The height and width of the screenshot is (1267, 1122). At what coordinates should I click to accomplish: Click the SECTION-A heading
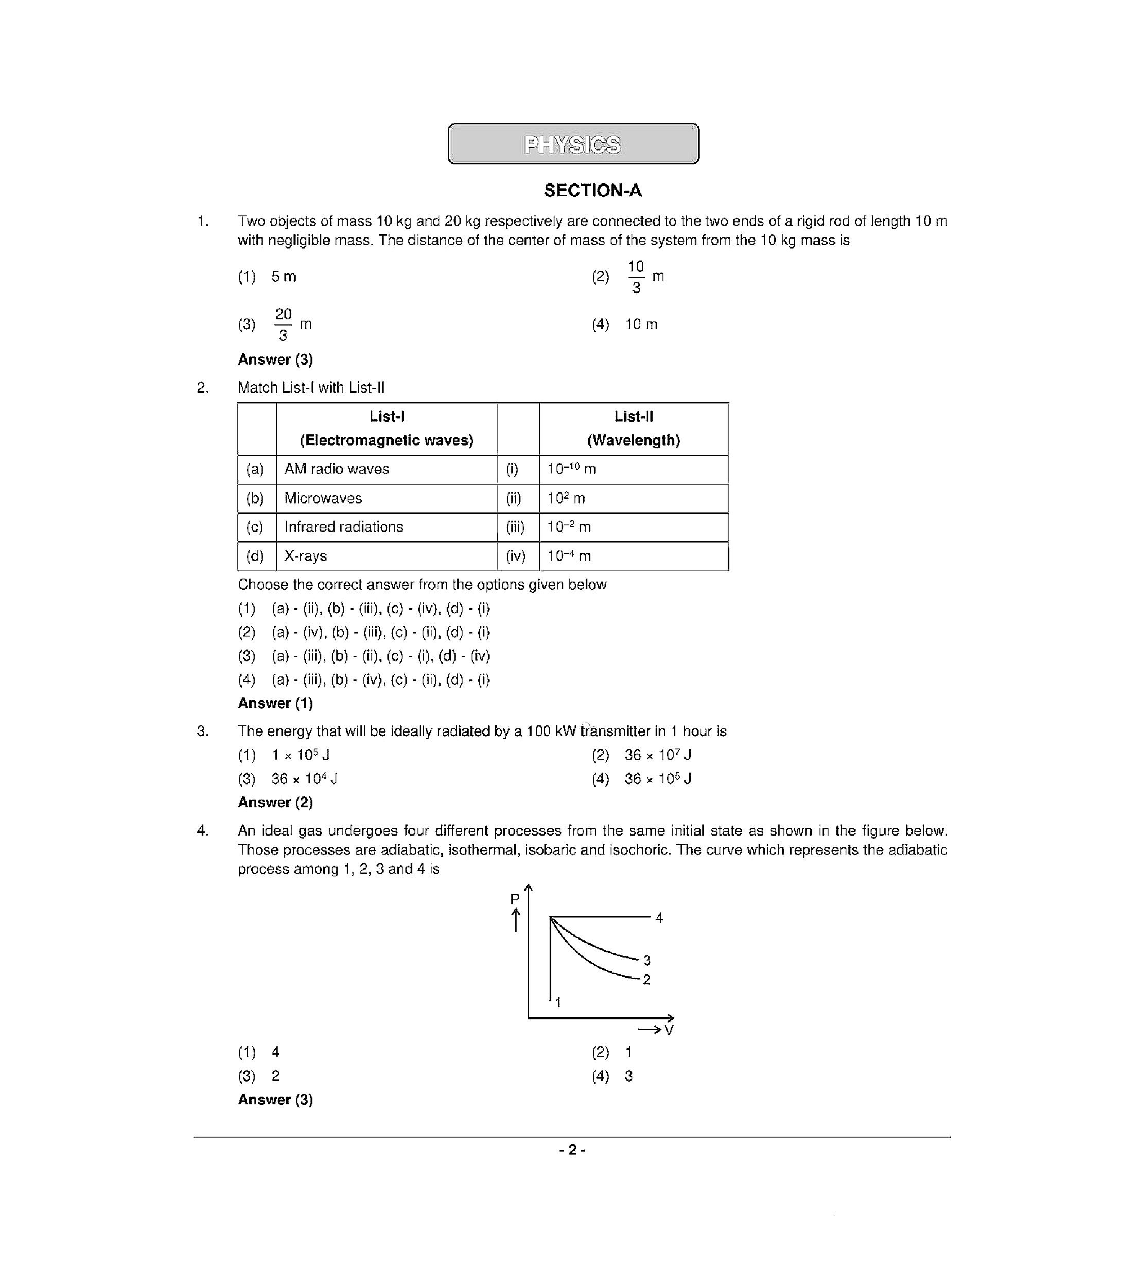tap(592, 190)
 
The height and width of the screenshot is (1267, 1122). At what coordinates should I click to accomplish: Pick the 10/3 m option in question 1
tap(644, 276)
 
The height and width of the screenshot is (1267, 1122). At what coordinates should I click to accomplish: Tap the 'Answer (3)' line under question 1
tap(275, 360)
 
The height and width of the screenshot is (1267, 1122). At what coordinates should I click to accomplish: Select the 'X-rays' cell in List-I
tap(305, 556)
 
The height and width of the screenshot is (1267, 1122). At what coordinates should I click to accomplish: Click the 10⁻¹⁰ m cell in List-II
tap(571, 469)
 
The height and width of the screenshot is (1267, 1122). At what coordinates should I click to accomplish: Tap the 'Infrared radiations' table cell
tap(343, 527)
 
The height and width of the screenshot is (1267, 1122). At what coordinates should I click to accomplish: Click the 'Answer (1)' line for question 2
tap(275, 703)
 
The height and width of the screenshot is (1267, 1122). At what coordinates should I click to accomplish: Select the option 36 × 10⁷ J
tap(657, 755)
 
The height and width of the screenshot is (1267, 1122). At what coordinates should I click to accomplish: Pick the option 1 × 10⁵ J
tap(300, 755)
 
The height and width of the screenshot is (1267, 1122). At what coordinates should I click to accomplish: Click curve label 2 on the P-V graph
tap(646, 979)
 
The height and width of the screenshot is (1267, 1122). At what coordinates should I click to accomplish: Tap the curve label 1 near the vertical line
tap(558, 1002)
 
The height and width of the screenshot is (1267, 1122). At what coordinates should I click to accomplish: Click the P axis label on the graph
tap(514, 899)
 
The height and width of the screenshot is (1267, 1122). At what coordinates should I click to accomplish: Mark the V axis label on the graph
tap(668, 1030)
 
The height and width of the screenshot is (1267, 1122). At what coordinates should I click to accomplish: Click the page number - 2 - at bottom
tap(572, 1150)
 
